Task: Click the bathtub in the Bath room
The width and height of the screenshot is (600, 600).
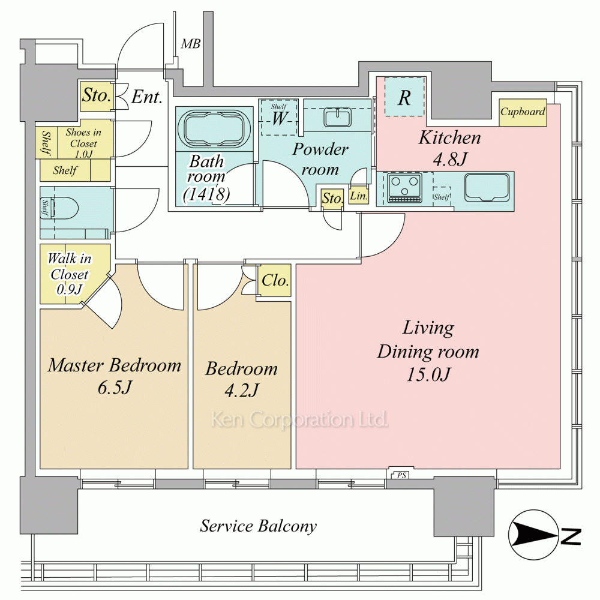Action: click(214, 128)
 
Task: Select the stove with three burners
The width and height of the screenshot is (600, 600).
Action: click(404, 188)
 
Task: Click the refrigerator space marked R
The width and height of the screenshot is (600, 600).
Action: click(404, 98)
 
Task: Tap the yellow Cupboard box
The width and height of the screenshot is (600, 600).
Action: click(523, 112)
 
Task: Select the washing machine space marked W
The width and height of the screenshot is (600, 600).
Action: click(278, 117)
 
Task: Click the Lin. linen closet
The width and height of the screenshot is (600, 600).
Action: click(358, 196)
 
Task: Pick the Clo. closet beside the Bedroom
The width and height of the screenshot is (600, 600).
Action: click(275, 280)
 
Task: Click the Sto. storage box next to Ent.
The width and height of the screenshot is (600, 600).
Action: click(96, 96)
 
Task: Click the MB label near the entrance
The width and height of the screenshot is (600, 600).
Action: click(191, 44)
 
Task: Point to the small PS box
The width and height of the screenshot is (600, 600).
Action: click(398, 475)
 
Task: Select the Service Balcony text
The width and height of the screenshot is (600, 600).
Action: click(258, 526)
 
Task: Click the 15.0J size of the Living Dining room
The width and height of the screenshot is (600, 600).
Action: click(428, 374)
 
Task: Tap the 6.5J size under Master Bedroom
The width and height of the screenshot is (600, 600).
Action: click(113, 388)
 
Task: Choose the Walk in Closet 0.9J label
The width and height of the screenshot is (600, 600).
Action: click(69, 274)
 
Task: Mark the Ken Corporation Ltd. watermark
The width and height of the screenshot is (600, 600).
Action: click(298, 419)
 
